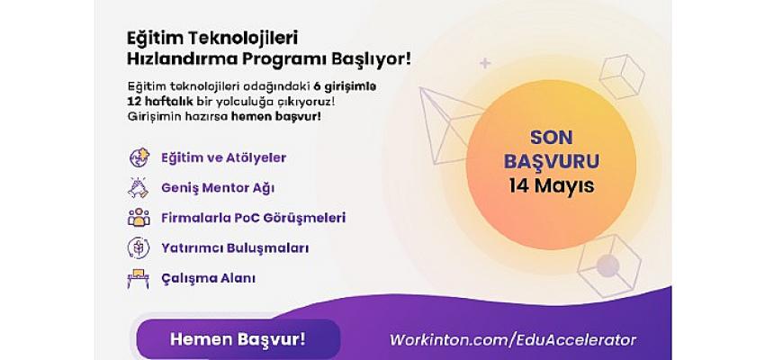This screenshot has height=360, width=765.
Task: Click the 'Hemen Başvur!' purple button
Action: click(238, 339)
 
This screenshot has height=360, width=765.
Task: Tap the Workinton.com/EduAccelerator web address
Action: click(512, 340)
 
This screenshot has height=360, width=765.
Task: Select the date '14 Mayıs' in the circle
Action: click(552, 186)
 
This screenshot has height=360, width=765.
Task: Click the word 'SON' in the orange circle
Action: click(552, 138)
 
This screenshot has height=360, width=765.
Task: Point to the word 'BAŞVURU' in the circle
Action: click(552, 161)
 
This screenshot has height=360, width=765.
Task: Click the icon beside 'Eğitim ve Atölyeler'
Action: click(139, 157)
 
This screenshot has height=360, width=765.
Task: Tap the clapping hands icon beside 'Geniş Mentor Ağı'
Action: click(138, 188)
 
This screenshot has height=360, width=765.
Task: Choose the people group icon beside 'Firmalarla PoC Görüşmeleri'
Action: click(139, 218)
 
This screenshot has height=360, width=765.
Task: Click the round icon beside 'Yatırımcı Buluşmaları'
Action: click(139, 247)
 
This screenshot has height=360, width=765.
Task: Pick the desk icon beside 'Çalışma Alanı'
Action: click(138, 278)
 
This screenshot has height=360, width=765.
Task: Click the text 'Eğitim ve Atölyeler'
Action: click(223, 158)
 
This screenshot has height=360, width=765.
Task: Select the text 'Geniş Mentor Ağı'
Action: click(218, 189)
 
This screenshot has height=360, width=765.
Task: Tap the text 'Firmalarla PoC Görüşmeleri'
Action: click(253, 218)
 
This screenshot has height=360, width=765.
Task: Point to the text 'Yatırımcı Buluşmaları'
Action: click(235, 247)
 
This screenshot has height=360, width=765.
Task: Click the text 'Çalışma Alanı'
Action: click(208, 278)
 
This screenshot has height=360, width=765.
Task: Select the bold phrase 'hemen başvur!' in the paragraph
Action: click(275, 117)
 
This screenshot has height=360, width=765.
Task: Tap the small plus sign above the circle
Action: click(485, 63)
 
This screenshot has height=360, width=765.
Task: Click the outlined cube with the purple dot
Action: click(609, 265)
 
